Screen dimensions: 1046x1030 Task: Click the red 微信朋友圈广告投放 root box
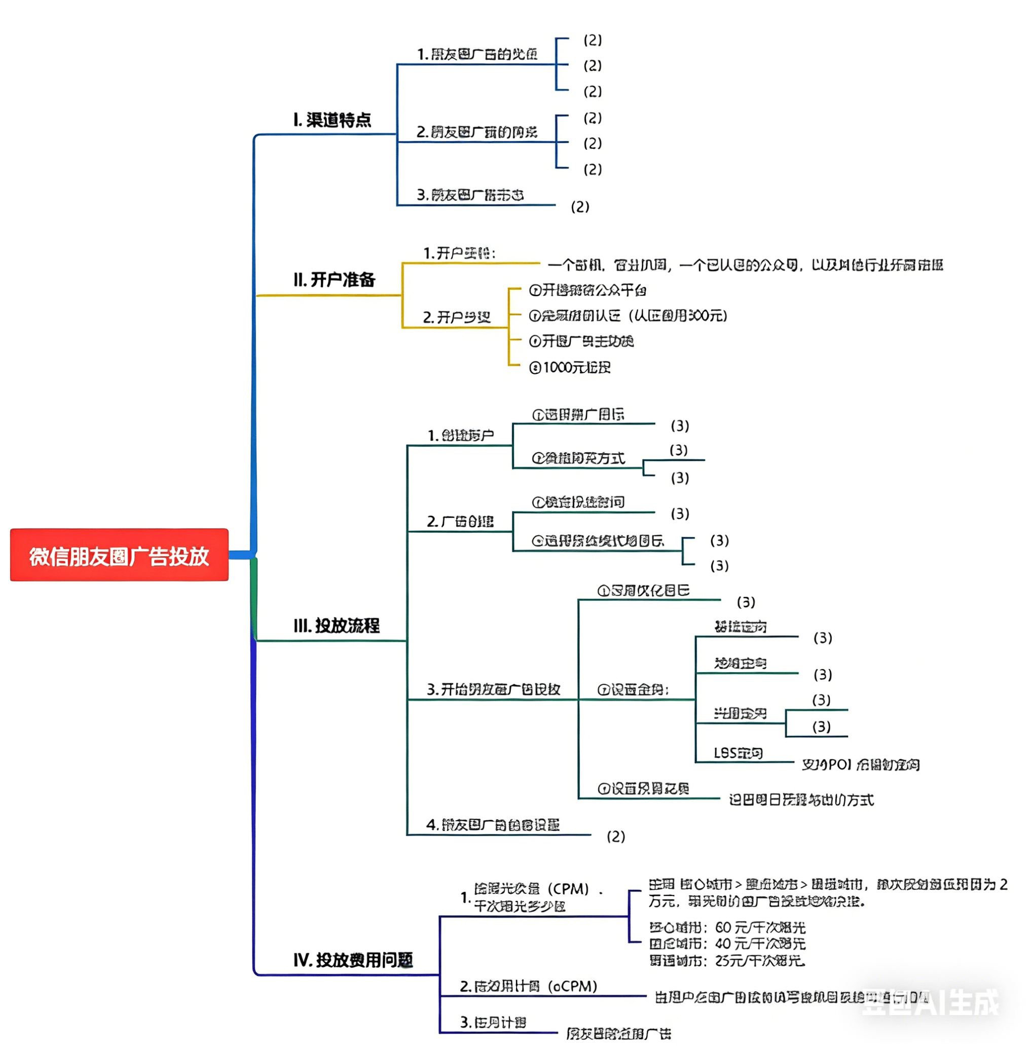[119, 555]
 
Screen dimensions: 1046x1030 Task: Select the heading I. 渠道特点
[332, 120]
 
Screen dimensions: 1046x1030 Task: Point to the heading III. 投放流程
[337, 625]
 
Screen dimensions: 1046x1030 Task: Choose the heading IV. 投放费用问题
[353, 960]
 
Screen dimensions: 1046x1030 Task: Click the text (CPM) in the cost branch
[568, 888]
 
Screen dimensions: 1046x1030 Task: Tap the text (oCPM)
[572, 986]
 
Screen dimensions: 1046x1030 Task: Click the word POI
[840, 764]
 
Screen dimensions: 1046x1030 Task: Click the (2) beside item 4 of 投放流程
[616, 836]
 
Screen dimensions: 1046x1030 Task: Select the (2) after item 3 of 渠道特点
[580, 207]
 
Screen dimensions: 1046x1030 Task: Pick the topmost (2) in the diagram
[593, 40]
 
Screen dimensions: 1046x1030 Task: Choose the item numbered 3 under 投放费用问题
[493, 1022]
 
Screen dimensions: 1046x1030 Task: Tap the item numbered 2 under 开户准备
[457, 317]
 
